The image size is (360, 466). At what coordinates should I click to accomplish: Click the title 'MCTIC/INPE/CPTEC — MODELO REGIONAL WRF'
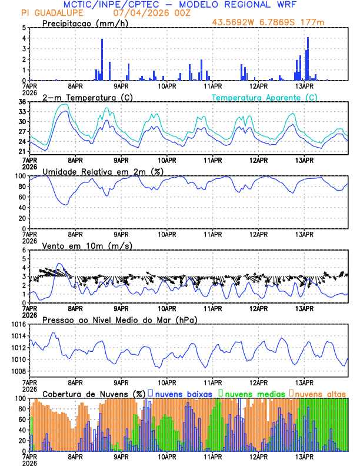[180, 5]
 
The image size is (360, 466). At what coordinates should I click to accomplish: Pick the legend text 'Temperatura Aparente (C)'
[264, 97]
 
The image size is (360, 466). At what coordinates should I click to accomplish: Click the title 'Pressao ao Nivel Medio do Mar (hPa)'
[119, 319]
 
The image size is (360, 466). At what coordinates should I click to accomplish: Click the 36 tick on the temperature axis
[22, 102]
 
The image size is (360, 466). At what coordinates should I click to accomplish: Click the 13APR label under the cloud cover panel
[304, 457]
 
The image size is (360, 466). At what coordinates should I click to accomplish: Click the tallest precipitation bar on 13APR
[308, 59]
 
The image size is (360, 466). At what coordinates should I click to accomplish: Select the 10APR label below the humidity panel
[167, 234]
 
